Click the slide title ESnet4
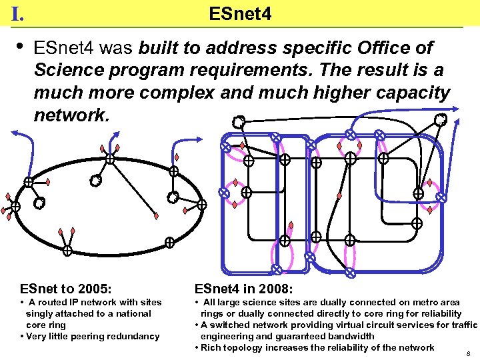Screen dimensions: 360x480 (240, 13)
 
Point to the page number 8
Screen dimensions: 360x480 (469, 353)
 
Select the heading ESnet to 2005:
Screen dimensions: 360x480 (65, 289)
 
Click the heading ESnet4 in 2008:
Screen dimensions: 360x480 (243, 289)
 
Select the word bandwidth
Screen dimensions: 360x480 (351, 336)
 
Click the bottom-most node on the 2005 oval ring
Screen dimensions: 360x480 (67, 251)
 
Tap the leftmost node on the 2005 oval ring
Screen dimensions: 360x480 (15, 207)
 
